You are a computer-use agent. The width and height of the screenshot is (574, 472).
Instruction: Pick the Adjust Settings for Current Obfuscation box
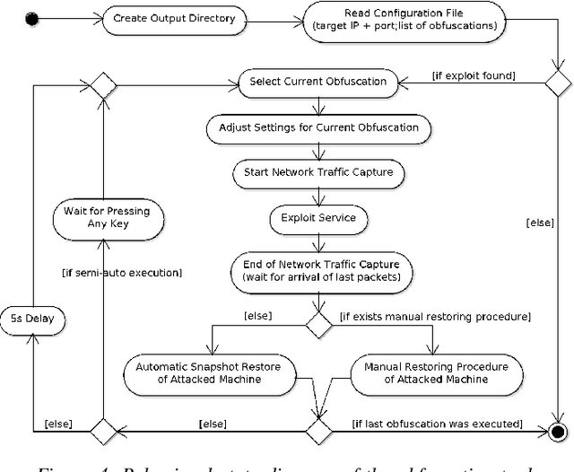318,127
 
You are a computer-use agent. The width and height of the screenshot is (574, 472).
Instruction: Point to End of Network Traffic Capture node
322,269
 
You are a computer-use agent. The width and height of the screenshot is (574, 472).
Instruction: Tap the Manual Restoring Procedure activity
437,372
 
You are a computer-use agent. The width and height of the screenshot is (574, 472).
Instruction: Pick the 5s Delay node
33,319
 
